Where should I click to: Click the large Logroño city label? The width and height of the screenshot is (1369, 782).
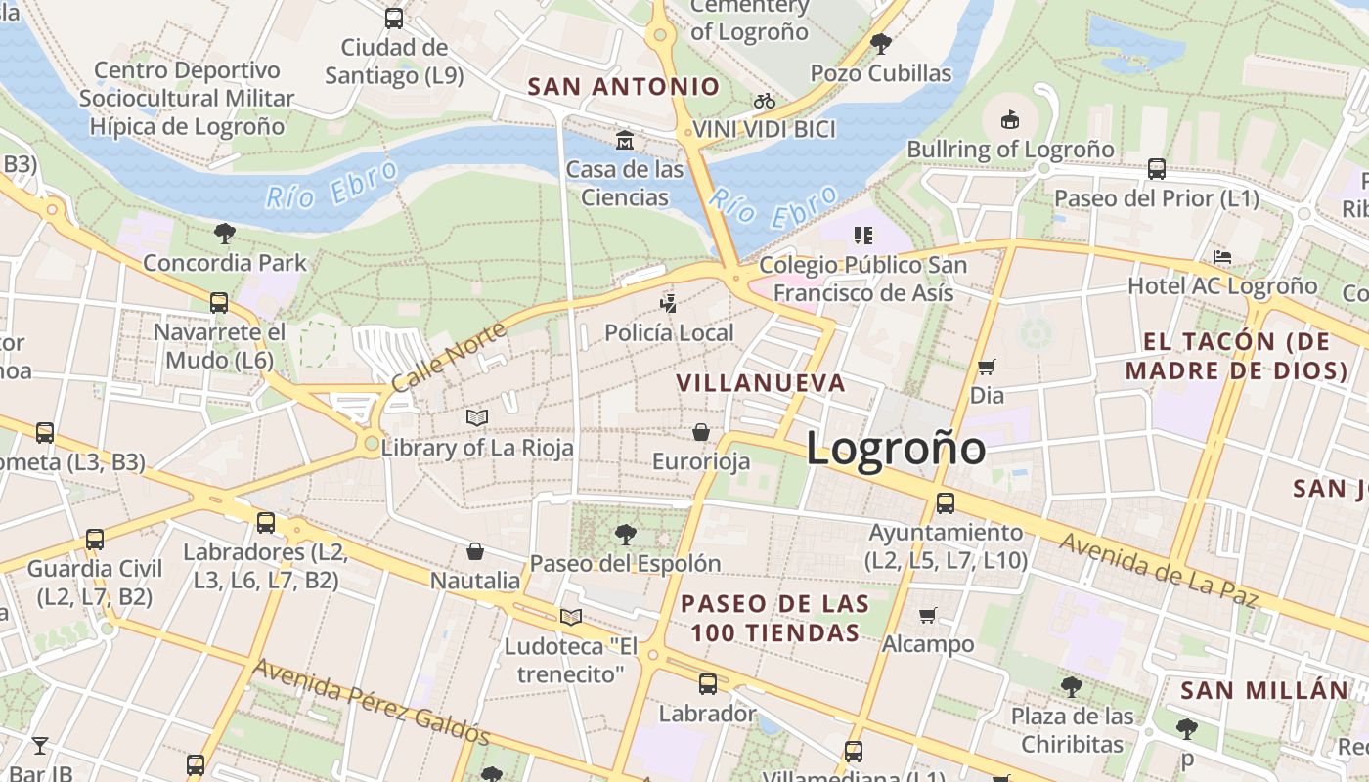[896, 449]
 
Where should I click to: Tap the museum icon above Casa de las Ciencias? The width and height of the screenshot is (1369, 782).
[624, 141]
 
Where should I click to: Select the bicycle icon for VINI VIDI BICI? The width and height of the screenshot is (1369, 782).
[765, 101]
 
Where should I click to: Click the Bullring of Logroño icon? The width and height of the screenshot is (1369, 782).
[1010, 120]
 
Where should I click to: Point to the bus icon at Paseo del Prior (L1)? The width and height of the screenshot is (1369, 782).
[1157, 169]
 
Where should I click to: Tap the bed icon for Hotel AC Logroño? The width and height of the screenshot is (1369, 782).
[1221, 258]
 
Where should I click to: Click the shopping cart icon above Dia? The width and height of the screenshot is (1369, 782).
[987, 368]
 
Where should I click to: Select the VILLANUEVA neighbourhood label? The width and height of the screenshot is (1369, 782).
[761, 383]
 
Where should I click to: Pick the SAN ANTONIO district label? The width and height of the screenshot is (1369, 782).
[624, 87]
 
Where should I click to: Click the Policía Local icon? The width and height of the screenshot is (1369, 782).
[668, 304]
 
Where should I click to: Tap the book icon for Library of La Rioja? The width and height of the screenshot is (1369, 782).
[477, 418]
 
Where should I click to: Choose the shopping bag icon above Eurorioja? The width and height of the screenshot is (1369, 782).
[701, 432]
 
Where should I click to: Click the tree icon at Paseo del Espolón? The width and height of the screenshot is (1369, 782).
[625, 535]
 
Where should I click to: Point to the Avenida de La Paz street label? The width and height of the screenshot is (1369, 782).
[1159, 570]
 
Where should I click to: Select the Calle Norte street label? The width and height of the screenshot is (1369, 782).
[449, 357]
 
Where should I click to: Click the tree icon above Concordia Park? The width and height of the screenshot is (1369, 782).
[224, 234]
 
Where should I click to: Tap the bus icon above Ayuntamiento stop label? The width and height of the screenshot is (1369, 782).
[946, 503]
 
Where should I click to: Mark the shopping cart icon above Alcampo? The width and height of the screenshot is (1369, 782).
[928, 616]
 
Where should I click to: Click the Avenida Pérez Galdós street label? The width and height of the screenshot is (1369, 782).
[372, 701]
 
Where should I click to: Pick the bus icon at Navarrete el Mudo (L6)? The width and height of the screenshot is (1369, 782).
[219, 303]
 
